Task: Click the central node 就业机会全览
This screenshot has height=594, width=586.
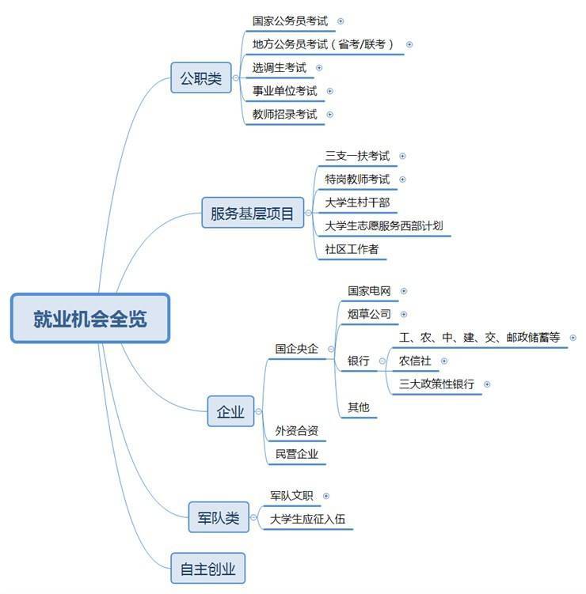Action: (90, 318)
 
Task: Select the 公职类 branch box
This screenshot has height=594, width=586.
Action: (200, 78)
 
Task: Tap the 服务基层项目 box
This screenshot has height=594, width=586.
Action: (252, 213)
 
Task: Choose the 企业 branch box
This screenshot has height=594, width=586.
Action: (230, 411)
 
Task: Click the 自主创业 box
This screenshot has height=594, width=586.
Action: (207, 568)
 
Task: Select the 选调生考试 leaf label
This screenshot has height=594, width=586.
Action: (279, 68)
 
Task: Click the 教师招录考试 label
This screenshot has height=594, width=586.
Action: (284, 114)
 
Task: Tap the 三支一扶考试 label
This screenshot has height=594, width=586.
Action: (357, 157)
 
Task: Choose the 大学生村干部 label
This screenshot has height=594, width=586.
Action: (357, 202)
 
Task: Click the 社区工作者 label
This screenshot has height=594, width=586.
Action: (352, 249)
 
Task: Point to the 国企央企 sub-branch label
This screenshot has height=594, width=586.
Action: (296, 349)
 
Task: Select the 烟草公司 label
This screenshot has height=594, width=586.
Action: (369, 314)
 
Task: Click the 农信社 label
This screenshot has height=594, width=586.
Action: (415, 361)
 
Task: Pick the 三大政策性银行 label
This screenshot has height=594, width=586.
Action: (436, 384)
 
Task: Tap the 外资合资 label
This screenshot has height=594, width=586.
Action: (296, 430)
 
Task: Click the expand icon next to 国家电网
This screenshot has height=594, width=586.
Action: (404, 291)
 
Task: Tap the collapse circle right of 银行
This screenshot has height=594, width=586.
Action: (382, 361)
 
